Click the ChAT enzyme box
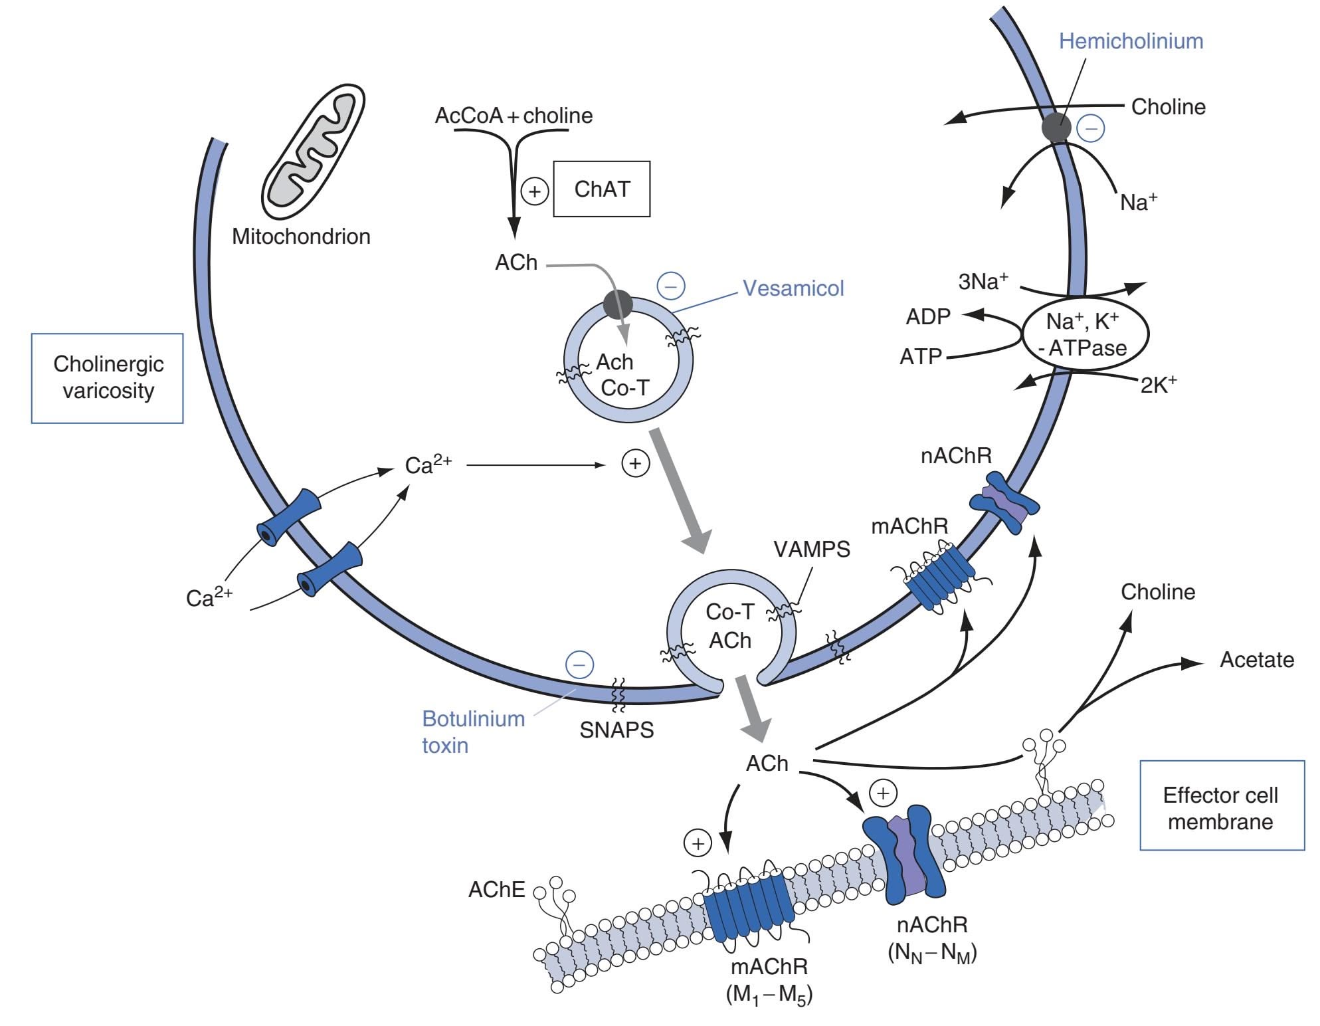601,189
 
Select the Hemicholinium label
1131,41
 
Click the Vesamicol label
793,288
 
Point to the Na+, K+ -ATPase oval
1085,334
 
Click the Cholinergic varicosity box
108,378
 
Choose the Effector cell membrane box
1221,808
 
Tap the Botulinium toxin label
472,732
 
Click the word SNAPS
616,730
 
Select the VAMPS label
811,550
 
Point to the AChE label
496,890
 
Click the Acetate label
1257,660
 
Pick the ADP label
927,317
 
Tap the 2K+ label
1158,385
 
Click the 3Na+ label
983,282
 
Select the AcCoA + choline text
514,116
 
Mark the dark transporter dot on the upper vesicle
618,304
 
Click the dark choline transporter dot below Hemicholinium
1056,128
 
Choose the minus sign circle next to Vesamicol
671,286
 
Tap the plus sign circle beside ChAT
534,192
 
